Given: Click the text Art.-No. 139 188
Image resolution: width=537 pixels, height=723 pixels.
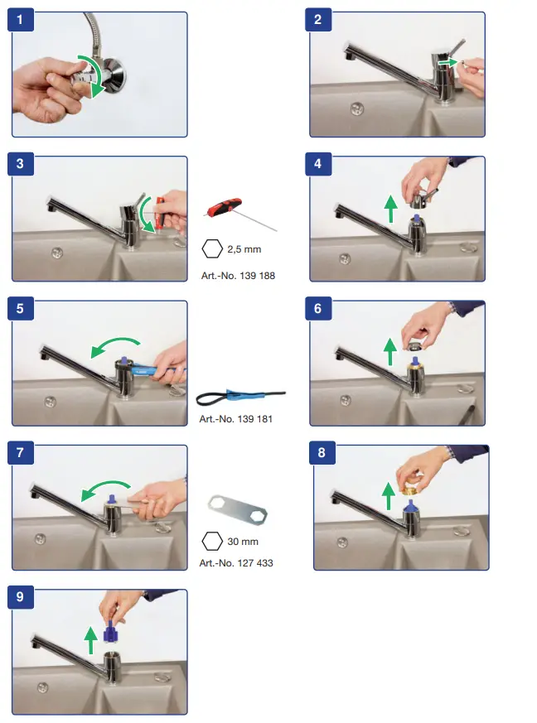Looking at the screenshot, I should click(237, 275).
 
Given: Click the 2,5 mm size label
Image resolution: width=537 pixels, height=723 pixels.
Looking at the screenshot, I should click(245, 248).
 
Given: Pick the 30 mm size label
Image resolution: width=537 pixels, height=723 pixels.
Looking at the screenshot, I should click(243, 542).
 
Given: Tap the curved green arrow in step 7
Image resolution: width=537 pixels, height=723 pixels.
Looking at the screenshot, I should click(105, 489).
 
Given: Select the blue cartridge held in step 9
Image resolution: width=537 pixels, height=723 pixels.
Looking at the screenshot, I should click(110, 636).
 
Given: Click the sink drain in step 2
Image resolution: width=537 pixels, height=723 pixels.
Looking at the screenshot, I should click(357, 108).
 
